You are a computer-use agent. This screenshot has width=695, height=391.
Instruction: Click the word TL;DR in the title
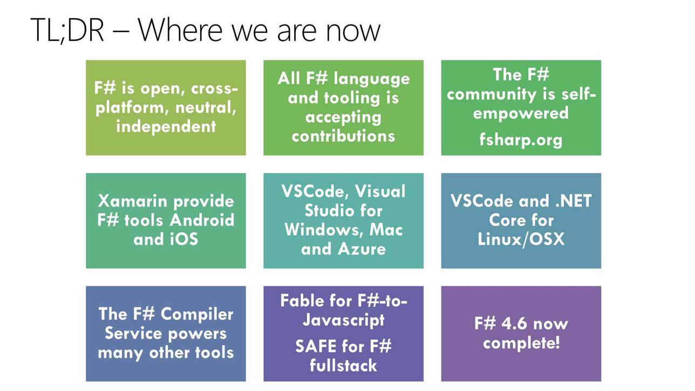click(x=67, y=30)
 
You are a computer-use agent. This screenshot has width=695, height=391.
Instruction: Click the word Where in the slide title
click(x=180, y=30)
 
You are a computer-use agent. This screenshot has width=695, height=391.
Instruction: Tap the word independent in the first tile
click(x=166, y=126)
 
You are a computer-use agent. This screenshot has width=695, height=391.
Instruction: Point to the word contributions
click(x=344, y=136)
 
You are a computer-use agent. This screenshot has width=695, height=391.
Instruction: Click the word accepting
click(x=344, y=118)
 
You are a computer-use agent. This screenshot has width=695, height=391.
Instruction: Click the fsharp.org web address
click(x=521, y=140)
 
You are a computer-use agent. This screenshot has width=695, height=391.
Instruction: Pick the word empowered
click(x=521, y=113)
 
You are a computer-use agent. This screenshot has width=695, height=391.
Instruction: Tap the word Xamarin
click(x=133, y=201)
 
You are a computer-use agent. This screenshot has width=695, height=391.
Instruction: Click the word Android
click(x=202, y=220)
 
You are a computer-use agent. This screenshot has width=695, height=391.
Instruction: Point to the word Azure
click(x=362, y=249)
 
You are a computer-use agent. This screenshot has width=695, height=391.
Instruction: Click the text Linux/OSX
click(x=521, y=239)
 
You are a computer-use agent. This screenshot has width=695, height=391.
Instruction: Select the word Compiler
click(x=197, y=314)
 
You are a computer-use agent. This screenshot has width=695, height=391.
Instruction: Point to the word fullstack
click(x=344, y=365)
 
